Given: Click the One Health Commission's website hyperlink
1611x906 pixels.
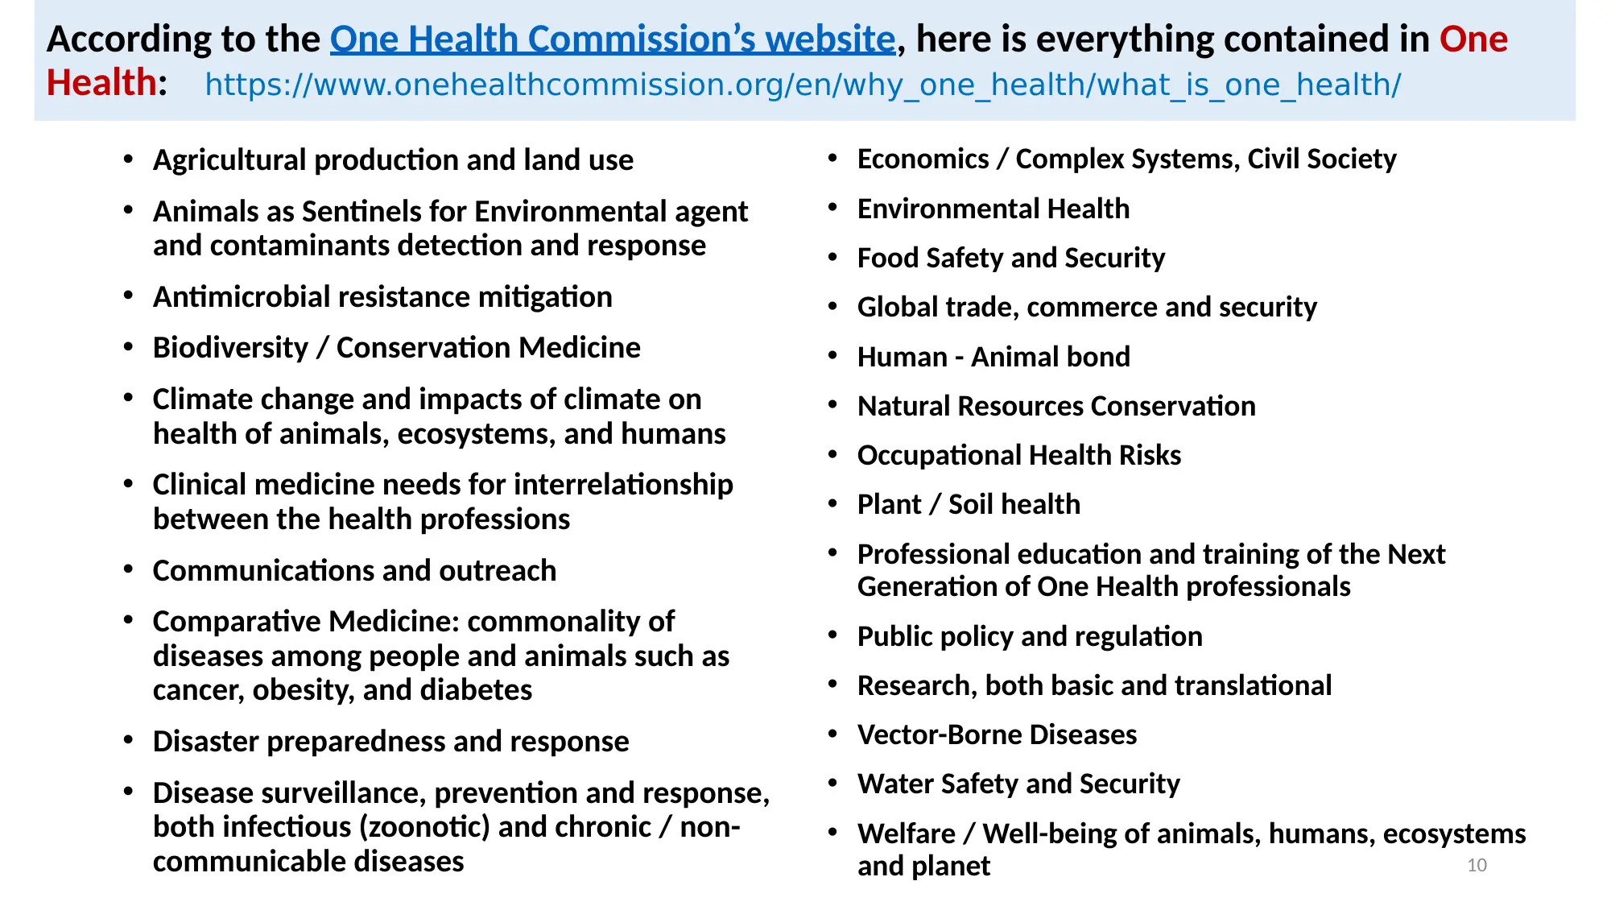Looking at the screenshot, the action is coord(613,39).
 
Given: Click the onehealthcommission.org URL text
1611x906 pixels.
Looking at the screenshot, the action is coord(803,85).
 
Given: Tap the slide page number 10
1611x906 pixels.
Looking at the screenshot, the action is coord(1477,865).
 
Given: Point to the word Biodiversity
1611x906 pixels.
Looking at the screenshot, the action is coord(231,347).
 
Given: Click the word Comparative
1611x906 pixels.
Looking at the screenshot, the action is coord(237,622).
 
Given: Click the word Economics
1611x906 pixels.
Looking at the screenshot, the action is coord(923,159).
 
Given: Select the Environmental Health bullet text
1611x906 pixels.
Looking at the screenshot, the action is coord(993,209).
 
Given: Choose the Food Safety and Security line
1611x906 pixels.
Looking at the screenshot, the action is coord(1011,258).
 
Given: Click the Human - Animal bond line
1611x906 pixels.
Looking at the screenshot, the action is coord(993,357).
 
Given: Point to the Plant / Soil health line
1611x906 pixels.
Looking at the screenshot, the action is coord(969,504).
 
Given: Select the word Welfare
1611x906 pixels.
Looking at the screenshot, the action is coord(907,834).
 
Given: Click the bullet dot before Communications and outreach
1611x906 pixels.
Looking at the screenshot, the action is coord(128,569).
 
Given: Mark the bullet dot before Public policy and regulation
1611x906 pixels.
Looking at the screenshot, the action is coord(833,635).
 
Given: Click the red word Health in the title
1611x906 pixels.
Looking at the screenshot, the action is coord(101,82).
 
